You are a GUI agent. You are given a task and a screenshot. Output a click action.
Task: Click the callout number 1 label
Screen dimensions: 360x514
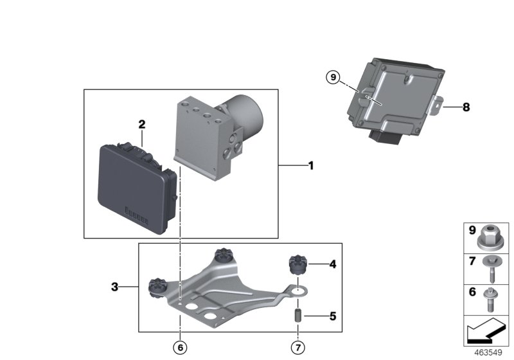click(310, 166)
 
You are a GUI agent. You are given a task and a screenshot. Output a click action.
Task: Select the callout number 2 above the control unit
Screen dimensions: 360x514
click(142, 124)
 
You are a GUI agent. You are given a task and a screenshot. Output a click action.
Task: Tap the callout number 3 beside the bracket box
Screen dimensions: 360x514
click(115, 287)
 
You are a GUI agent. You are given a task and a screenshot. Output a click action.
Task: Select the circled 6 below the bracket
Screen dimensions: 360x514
click(181, 347)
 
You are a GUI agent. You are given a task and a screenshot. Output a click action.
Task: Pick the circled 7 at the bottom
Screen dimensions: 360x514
click(297, 347)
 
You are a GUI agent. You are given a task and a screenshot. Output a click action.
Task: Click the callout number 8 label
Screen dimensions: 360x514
click(466, 107)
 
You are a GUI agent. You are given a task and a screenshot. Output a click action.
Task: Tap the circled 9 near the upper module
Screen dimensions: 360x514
click(332, 78)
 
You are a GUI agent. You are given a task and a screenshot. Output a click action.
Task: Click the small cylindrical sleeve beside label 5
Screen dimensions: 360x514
click(299, 317)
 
